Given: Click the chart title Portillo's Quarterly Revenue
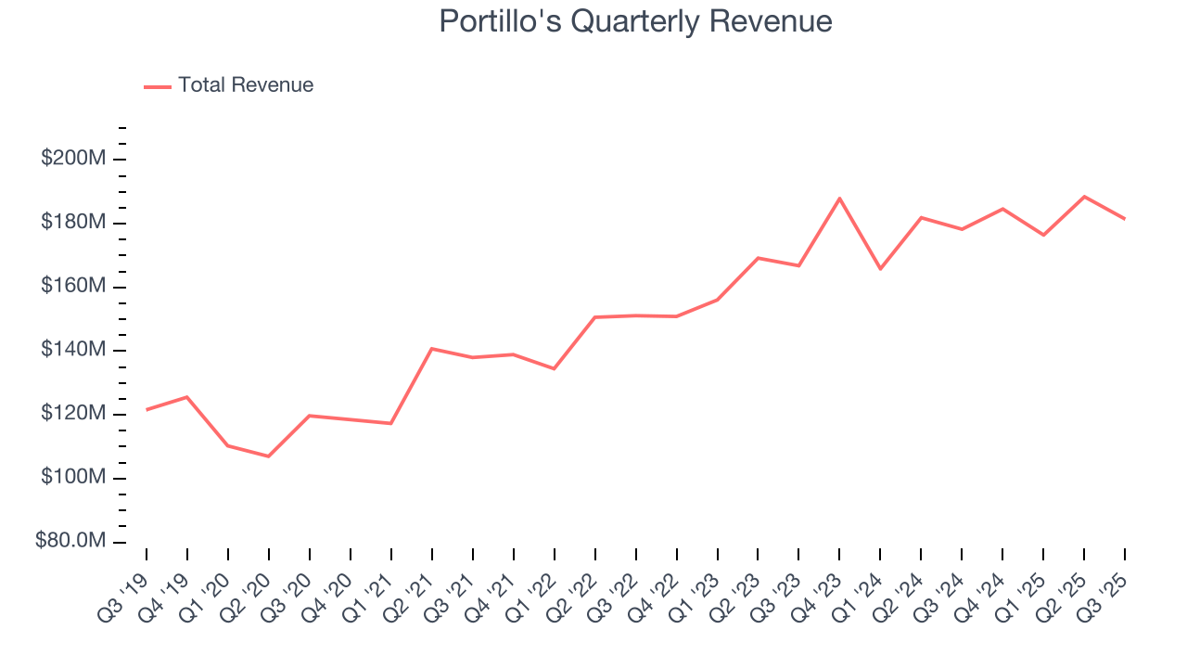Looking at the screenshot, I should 635,21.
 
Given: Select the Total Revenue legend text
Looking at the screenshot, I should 246,85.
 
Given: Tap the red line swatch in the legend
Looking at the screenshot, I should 158,86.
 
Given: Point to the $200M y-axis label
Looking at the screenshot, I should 73,159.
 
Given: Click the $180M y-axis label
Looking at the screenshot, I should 73,223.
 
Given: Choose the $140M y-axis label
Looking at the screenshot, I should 73,350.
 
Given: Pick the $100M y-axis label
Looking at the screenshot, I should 73,478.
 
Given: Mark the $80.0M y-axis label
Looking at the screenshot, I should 70,541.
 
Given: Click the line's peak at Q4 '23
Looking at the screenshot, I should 839,199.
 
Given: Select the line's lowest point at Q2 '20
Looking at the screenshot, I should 269,456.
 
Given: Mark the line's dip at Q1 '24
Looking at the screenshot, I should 880,269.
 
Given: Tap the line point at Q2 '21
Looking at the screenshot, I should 432,349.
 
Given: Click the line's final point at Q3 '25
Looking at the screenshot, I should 1125,219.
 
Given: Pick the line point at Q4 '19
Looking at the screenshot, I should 187,397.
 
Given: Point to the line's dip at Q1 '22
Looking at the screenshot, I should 555,368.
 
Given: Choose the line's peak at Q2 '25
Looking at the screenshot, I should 1084,197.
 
